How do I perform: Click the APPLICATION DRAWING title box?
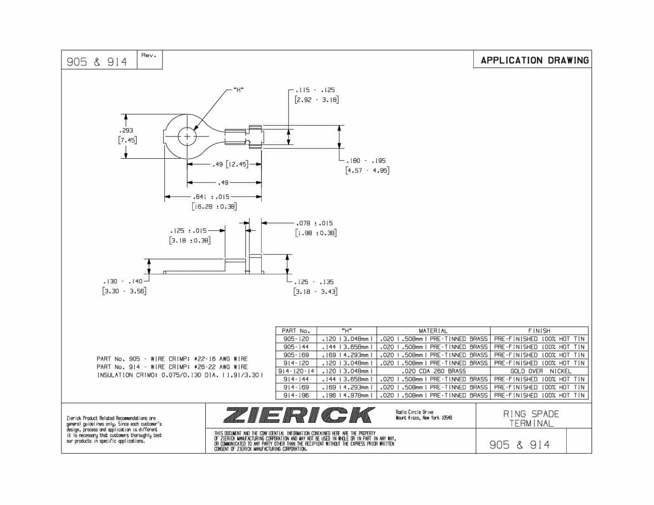point(534,60)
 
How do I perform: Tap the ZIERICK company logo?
point(299,415)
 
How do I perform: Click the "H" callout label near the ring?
point(239,90)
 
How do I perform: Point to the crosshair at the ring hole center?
point(187,136)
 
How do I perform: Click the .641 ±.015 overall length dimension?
point(211,197)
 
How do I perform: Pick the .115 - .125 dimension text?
point(315,90)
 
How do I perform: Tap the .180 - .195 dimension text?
point(366,161)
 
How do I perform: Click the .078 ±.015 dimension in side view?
point(314,223)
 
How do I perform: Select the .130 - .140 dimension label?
point(123,281)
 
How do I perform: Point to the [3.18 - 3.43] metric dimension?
point(315,291)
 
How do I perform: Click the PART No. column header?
point(296,331)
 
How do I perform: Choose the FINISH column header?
point(539,331)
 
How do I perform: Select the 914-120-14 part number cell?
point(296,371)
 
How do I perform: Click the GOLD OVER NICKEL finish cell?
point(539,371)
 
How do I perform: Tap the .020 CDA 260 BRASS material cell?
point(433,371)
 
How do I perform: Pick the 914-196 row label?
point(296,395)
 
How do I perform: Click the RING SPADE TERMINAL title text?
point(531,418)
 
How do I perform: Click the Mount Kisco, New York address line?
point(424,418)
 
